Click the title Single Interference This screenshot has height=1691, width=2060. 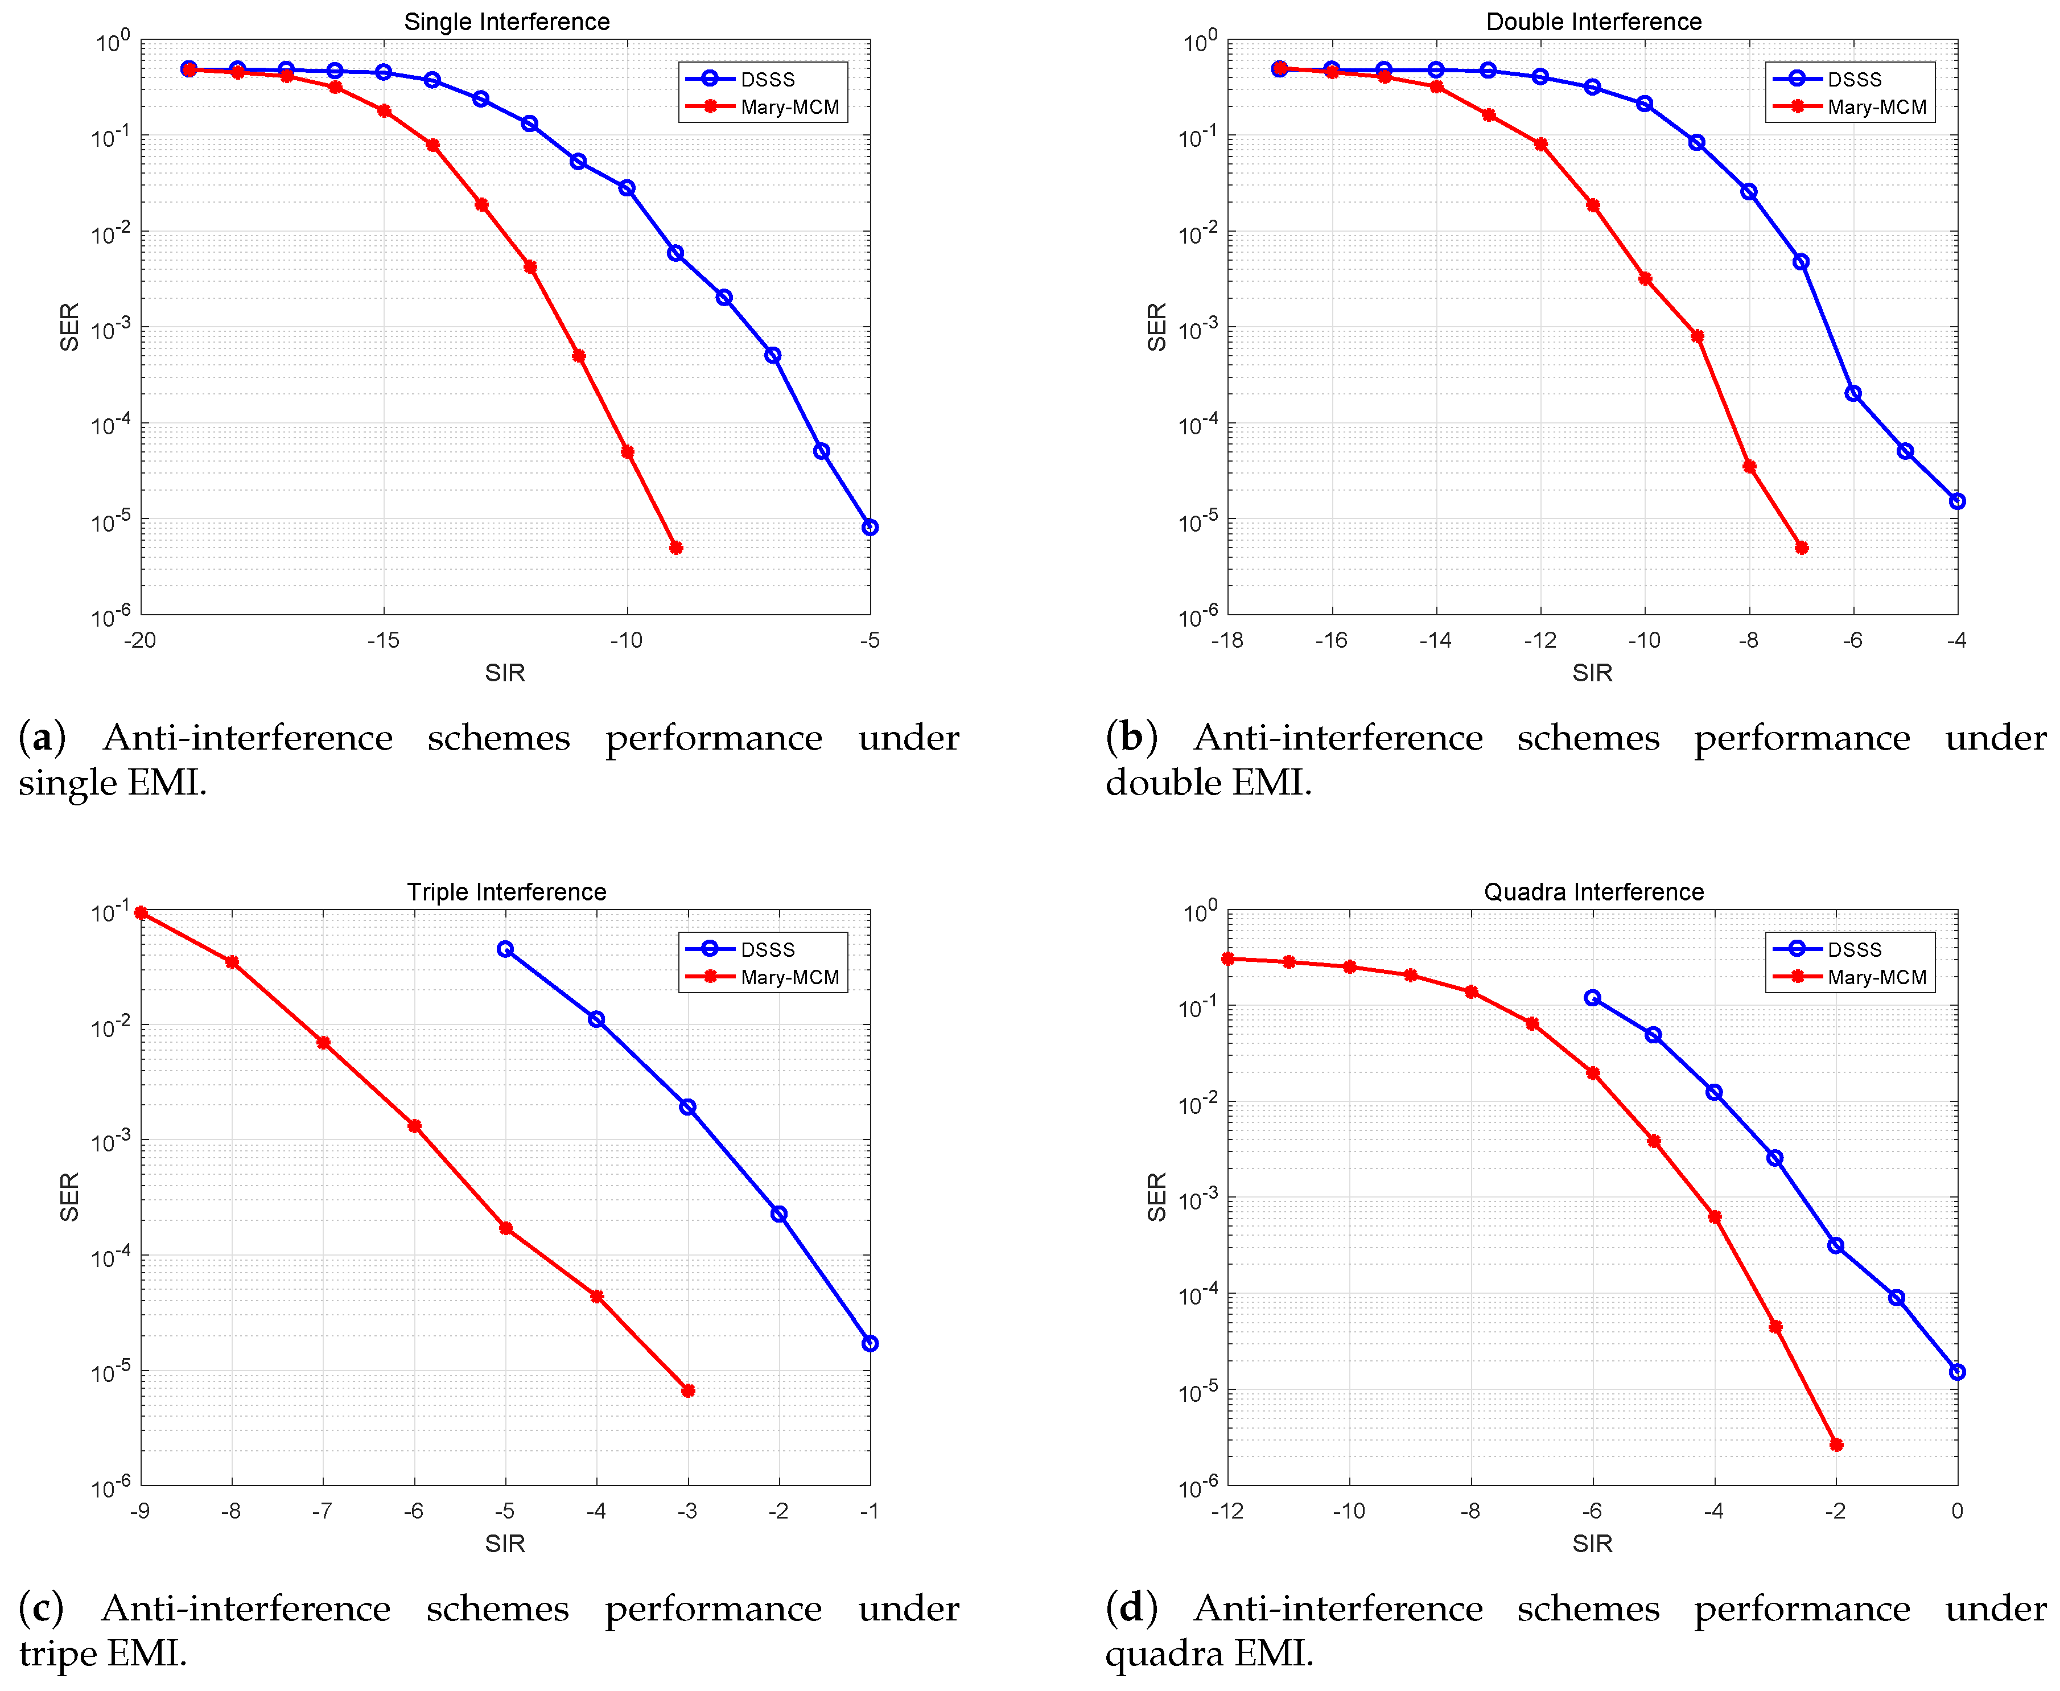click(506, 22)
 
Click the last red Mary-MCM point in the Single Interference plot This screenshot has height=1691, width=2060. click(676, 548)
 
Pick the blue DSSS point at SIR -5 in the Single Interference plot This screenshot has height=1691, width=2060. click(870, 527)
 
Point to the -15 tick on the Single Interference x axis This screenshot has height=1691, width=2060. click(384, 640)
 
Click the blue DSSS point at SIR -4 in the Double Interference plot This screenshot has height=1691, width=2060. click(1957, 501)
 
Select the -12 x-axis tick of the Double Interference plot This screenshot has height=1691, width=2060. click(1540, 640)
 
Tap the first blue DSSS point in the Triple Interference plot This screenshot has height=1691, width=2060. click(505, 949)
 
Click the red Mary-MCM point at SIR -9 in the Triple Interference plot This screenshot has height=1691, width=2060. click(141, 913)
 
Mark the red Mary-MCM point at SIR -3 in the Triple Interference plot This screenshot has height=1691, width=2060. click(687, 1390)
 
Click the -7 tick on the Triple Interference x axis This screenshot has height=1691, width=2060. click(323, 1511)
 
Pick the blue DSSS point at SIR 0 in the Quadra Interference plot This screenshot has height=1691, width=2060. click(1957, 1372)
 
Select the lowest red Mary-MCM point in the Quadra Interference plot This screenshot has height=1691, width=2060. click(1836, 1445)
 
